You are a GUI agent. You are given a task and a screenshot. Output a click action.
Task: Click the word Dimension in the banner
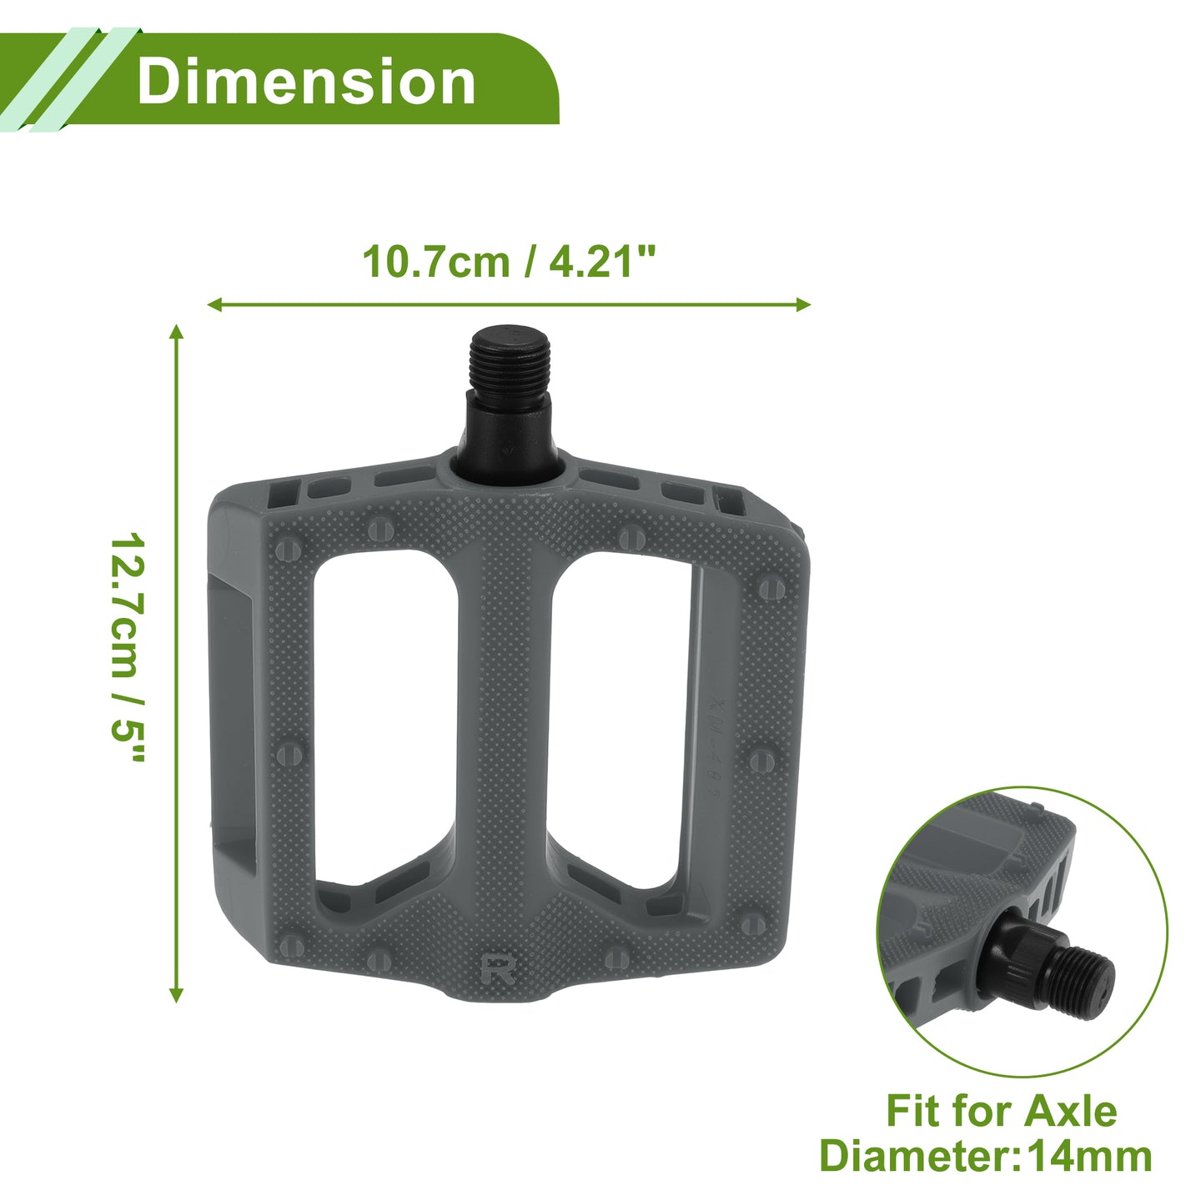pos(306,82)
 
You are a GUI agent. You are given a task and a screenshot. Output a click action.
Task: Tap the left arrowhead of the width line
pos(214,304)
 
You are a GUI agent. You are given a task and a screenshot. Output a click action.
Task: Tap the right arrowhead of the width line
pos(802,304)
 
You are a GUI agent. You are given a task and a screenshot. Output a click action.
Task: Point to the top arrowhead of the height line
pos(177,332)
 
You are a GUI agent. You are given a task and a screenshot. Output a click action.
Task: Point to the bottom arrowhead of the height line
pos(177,995)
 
